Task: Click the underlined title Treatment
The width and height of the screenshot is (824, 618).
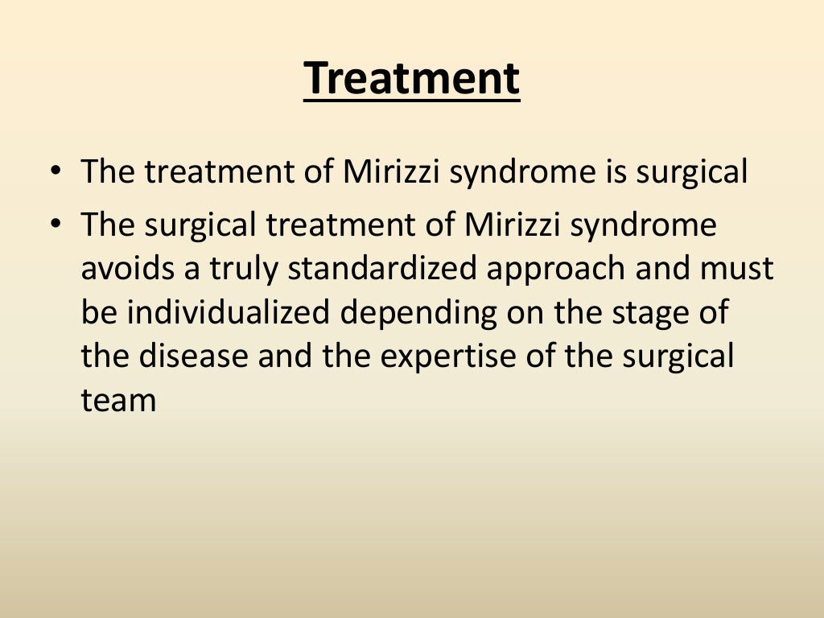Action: coord(411,79)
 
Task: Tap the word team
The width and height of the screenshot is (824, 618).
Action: coord(118,401)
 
